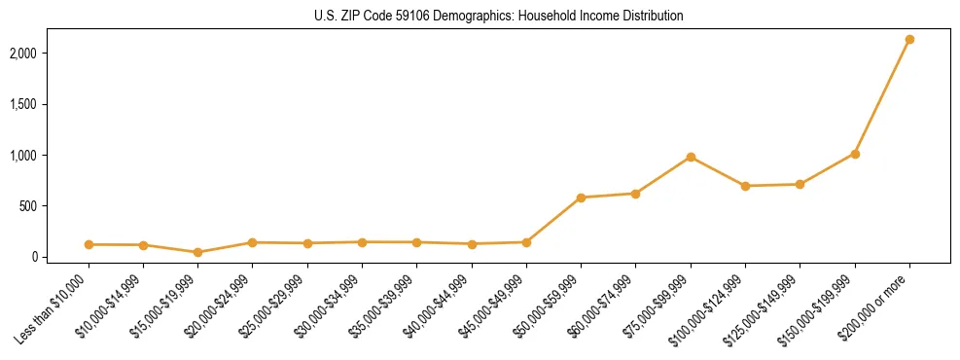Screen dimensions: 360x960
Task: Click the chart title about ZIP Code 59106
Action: (x=499, y=17)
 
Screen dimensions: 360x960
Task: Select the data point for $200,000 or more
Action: (x=909, y=39)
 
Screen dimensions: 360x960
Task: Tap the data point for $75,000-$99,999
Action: (x=691, y=157)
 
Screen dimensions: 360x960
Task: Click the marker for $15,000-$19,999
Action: (x=197, y=252)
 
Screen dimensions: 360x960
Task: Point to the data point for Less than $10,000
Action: (x=89, y=244)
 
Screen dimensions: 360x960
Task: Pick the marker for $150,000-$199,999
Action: (x=855, y=154)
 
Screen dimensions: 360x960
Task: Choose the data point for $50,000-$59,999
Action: (x=581, y=198)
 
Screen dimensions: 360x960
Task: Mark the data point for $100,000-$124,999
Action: (x=745, y=186)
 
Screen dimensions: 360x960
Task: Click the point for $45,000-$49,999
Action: (x=526, y=242)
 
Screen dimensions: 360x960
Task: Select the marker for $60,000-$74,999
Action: (x=635, y=194)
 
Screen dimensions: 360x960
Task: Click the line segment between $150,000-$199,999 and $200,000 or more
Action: (x=882, y=96)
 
